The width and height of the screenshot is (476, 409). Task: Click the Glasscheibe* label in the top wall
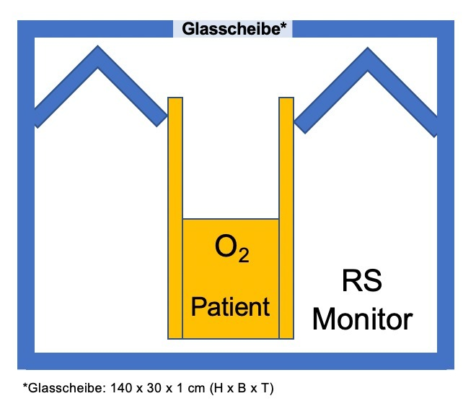coord(232,29)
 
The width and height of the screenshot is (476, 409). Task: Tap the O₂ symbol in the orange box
coord(232,249)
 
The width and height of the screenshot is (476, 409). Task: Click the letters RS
coord(361,282)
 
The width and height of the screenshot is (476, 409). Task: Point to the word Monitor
coord(363,319)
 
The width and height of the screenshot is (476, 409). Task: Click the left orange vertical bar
coord(175,217)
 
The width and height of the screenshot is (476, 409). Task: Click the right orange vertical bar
coord(286,217)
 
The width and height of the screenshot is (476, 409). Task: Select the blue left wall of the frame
coord(26,217)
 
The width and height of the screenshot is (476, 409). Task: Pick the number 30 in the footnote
coord(153,389)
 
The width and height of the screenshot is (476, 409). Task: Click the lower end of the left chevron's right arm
coord(160,117)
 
